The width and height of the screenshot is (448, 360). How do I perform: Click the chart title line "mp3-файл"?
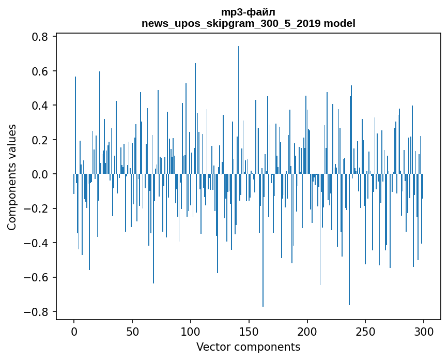(248, 12)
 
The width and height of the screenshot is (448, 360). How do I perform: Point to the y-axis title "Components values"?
(12, 177)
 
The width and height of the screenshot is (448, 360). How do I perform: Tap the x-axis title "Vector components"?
(248, 347)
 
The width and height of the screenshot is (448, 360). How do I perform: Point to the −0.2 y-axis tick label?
(37, 208)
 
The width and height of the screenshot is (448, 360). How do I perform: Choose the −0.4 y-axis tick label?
(37, 243)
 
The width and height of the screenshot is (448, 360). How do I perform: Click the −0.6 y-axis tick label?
(37, 277)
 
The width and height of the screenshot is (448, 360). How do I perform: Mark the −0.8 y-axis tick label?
(37, 312)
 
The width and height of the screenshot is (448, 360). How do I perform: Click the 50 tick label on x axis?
(132, 331)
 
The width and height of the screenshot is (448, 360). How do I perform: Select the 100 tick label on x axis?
(191, 331)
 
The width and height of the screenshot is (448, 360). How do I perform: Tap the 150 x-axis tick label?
(249, 331)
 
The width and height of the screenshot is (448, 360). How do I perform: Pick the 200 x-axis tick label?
(307, 331)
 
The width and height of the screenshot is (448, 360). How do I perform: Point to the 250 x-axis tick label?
(365, 331)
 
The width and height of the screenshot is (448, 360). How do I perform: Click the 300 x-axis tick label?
(424, 331)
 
